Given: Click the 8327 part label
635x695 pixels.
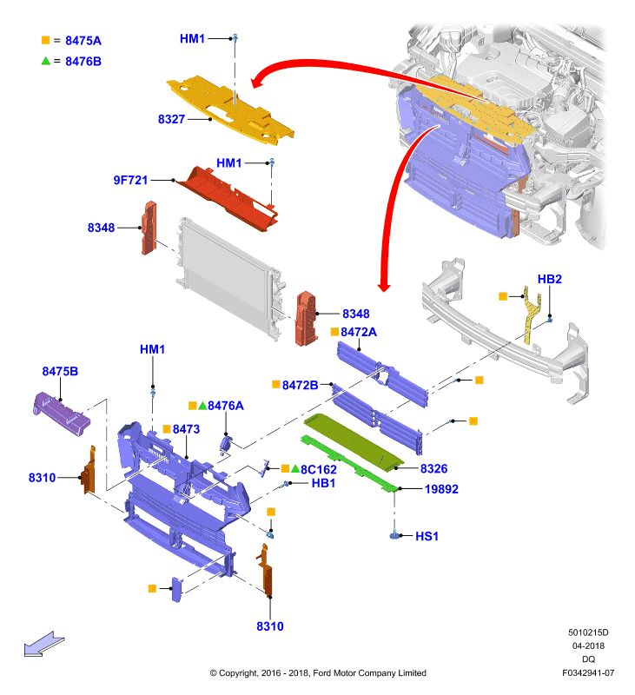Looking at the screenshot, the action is tap(171, 119).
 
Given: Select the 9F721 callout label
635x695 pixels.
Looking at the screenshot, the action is tap(130, 180).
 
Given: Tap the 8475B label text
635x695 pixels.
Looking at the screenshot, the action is tap(60, 371).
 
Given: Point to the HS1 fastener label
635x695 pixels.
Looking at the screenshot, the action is tap(427, 536).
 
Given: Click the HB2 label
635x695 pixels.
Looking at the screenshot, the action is tap(550, 279).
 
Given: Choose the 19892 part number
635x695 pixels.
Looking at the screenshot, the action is tap(441, 489).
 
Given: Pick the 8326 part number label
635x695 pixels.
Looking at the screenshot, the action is tap(433, 468).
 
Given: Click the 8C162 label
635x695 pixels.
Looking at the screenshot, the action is tap(319, 469).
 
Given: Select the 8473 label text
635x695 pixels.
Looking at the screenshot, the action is tap(186, 429).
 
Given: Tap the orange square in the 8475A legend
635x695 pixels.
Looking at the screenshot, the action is tap(45, 40).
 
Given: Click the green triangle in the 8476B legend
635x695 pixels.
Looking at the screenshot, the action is tap(45, 61).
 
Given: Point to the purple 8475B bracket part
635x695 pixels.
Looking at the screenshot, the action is tap(61, 414).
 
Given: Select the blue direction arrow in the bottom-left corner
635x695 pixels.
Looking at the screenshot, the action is tap(44, 644).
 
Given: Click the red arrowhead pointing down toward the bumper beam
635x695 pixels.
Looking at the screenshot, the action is tap(384, 287).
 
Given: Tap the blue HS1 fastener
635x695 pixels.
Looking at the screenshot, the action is tap(394, 535).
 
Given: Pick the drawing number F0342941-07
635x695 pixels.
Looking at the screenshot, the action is tap(588, 672).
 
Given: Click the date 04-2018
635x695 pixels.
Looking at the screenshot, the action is tap(588, 645).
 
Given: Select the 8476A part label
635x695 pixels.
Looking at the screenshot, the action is tap(226, 406).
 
